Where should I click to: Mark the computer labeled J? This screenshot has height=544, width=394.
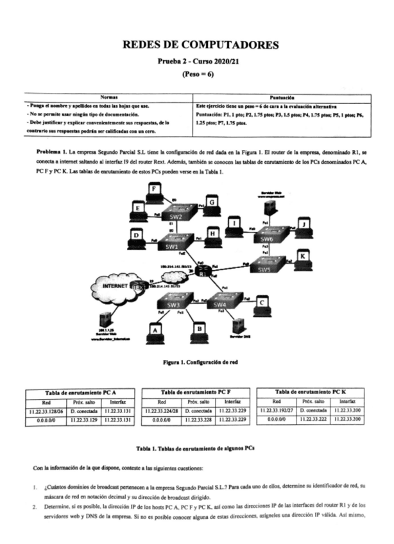point(303,225)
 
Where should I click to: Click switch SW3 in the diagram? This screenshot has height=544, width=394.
point(173,304)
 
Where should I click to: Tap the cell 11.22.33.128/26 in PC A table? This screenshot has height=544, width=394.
point(45,410)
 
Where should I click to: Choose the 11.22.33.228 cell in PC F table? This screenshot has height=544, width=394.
point(197,419)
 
